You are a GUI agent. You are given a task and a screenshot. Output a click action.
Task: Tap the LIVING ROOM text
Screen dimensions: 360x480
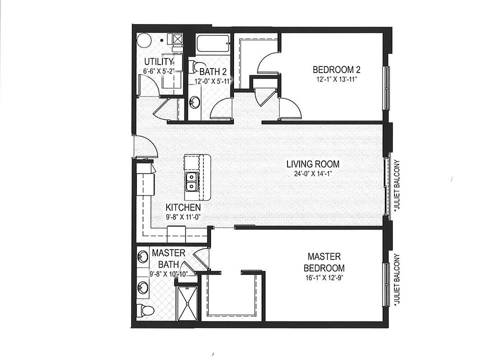(x=313, y=164)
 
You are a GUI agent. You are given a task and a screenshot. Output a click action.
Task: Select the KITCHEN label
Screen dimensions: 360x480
(x=183, y=207)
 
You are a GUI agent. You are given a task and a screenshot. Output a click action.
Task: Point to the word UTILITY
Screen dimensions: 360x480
(x=158, y=61)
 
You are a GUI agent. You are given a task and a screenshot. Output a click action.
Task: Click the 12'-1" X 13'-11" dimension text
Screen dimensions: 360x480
(x=336, y=79)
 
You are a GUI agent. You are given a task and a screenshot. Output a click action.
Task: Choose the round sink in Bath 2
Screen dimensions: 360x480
(x=194, y=102)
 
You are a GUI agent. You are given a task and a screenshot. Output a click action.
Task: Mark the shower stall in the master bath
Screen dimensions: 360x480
(x=188, y=300)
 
